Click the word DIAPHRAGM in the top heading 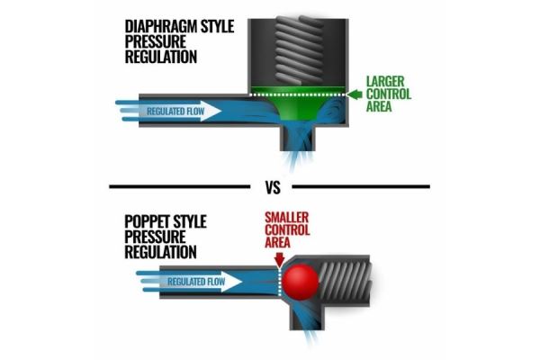coord(161,26)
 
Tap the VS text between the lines coord(273,187)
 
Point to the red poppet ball coord(301,282)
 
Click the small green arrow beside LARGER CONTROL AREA coord(355,94)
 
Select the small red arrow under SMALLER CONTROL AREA coord(279,260)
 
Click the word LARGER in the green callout coord(385,82)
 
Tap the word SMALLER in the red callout coord(286,218)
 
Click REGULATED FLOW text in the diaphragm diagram coord(175,112)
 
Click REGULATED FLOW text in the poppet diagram coord(196,282)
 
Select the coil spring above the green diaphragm coord(299,50)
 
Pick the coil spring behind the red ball coord(345,283)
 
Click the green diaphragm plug coord(298,103)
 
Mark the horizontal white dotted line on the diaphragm coord(298,94)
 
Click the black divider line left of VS coord(179,186)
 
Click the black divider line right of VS coord(361,186)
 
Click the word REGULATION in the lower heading coord(160,252)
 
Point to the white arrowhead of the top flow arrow coord(211,111)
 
